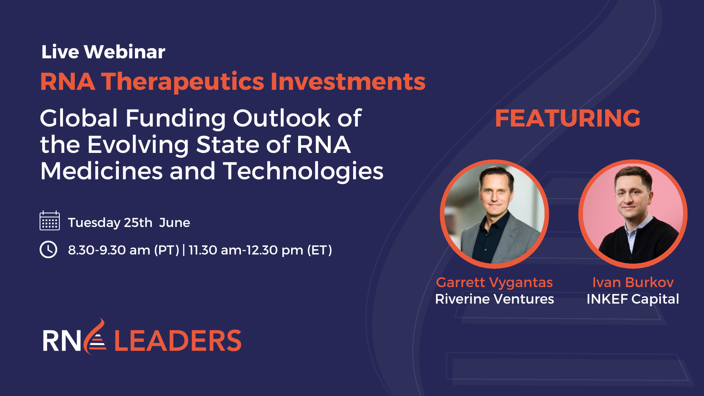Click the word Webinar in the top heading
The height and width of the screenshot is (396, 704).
[x=125, y=52]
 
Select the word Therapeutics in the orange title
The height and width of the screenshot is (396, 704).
[x=182, y=81]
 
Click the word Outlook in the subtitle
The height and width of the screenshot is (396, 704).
[x=282, y=118]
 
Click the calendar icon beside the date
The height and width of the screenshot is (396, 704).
[x=49, y=221]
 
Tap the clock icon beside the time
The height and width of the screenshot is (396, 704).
[x=48, y=250]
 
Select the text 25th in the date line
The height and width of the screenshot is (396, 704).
[x=138, y=223]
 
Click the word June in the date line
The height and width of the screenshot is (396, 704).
[x=175, y=223]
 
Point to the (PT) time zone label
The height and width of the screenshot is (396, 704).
[x=166, y=250]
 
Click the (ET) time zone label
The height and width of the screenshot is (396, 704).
[x=319, y=250]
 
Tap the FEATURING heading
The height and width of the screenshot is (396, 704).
[x=567, y=118]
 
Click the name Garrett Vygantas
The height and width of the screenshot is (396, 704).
[x=494, y=282]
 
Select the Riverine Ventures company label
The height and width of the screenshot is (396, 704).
[x=494, y=299]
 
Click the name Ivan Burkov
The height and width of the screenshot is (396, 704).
[x=633, y=282]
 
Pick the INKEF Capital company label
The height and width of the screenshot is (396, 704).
[x=632, y=299]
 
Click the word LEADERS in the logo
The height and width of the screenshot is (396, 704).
[x=178, y=341]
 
